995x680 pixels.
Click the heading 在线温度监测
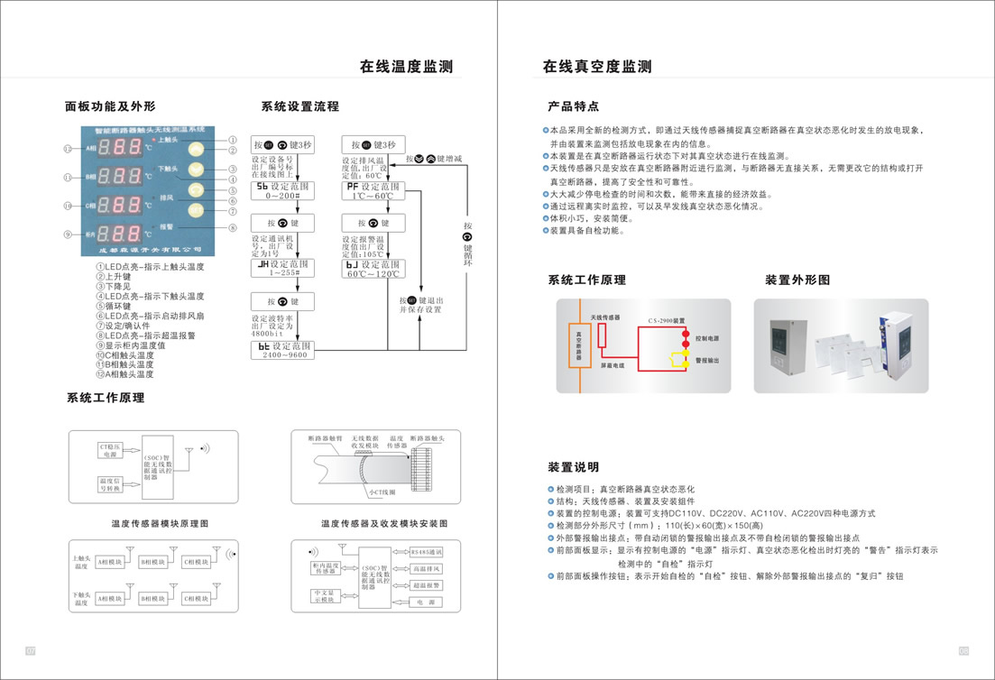[406, 66]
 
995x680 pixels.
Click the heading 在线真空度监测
[596, 66]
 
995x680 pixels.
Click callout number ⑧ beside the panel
[232, 228]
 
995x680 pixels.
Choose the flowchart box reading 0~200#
[282, 189]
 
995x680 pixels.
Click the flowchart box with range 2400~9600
[282, 350]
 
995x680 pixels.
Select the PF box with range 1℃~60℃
[373, 190]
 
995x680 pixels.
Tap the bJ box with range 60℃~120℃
[373, 268]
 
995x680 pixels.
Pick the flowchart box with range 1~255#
[282, 268]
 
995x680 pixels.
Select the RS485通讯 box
[426, 551]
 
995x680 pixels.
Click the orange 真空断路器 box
[578, 343]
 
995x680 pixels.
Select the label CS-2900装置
[667, 321]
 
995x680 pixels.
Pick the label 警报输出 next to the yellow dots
[707, 360]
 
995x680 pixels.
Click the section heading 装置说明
[573, 467]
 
